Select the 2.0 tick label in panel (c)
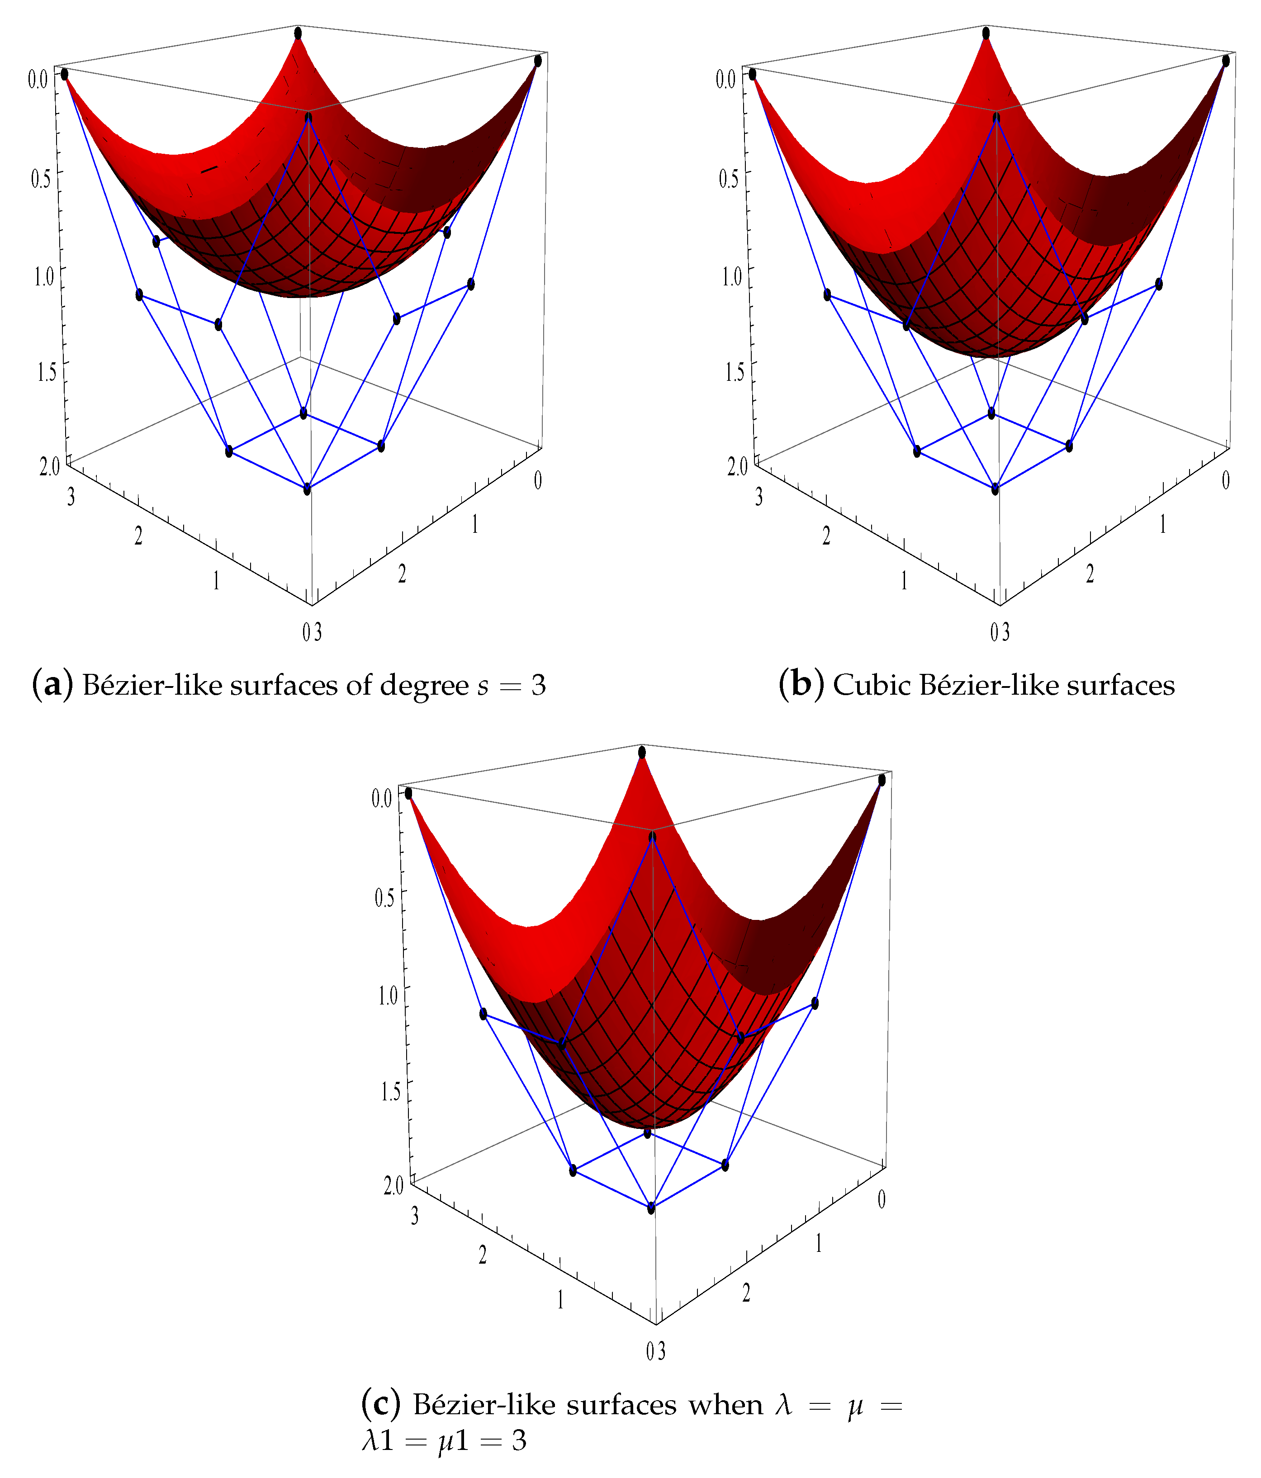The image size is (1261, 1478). (x=393, y=1185)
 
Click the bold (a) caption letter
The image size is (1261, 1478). (x=52, y=685)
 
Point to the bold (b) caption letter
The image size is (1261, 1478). (x=801, y=685)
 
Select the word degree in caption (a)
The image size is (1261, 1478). (x=424, y=686)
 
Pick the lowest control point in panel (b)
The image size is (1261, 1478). (x=995, y=489)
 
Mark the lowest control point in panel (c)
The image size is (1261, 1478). (x=651, y=1208)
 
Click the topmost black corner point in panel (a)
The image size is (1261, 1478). (x=298, y=33)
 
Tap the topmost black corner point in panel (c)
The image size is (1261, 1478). (x=642, y=752)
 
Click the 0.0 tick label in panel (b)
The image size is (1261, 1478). (x=725, y=78)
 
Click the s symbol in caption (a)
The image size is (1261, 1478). (x=483, y=686)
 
